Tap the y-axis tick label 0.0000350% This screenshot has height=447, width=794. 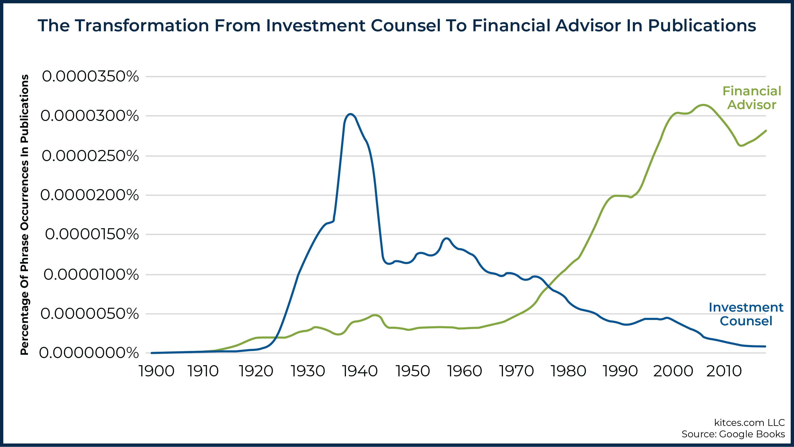pyautogui.click(x=90, y=76)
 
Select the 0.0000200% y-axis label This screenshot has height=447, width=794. pyautogui.click(x=89, y=195)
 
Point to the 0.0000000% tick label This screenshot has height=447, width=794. pyautogui.click(x=89, y=353)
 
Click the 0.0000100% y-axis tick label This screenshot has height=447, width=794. pyautogui.click(x=91, y=274)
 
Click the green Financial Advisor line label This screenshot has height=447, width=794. pyautogui.click(x=752, y=98)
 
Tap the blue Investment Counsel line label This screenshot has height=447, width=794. pyautogui.click(x=746, y=314)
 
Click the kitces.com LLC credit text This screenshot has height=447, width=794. pyautogui.click(x=749, y=422)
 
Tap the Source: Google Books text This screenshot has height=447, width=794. pyautogui.click(x=733, y=434)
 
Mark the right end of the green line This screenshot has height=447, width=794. pyautogui.click(x=766, y=131)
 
